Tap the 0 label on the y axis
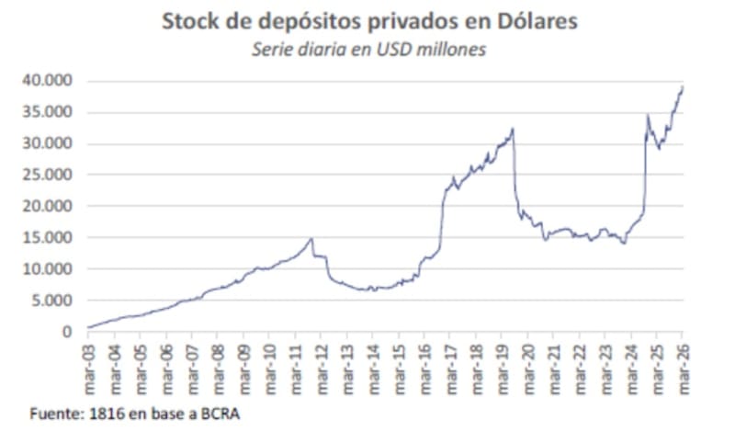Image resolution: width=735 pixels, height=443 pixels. pos(66,331)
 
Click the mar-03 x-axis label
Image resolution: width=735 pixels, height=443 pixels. pos(88,364)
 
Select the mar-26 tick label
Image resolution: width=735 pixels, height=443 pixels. pos(683,364)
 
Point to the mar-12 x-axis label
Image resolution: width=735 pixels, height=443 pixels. pos(321,364)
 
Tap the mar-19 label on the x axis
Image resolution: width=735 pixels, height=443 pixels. pos(502,364)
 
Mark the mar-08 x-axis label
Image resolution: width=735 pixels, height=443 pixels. pos(218,364)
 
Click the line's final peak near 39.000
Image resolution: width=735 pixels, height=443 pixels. pos(683,86)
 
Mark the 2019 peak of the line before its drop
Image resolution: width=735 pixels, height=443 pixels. pos(512,128)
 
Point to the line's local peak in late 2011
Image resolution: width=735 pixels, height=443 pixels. pos(311,239)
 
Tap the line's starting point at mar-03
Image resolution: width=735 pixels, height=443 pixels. pos(88,326)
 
